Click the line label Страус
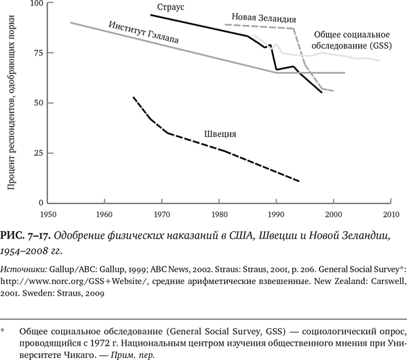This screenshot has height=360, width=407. tap(172, 7)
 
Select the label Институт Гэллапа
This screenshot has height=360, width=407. tap(144, 33)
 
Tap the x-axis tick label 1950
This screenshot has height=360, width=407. tap(47, 214)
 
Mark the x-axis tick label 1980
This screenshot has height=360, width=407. tap(218, 214)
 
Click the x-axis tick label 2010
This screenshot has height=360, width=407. tap(390, 214)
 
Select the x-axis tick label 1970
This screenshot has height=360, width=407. tap(161, 214)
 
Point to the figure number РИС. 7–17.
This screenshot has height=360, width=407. tap(26, 235)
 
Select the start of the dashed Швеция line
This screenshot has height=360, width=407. tap(134, 98)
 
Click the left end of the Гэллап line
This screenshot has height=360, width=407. tap(71, 23)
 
